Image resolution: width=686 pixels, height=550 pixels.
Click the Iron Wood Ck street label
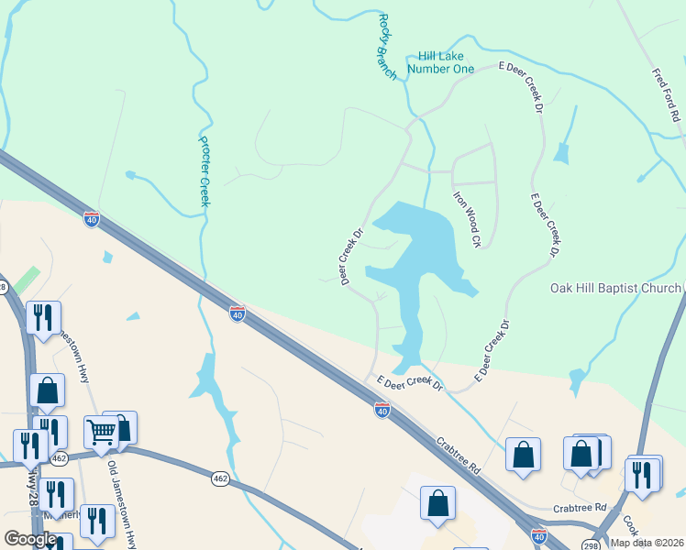point(467,219)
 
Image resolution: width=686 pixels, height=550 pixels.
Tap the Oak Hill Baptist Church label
point(614,288)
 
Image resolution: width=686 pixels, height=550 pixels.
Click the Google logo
point(29,539)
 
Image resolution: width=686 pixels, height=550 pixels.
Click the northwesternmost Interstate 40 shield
point(91,219)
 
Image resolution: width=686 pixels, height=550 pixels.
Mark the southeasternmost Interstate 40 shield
point(539,534)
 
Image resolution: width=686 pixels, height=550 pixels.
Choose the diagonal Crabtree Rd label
point(458,454)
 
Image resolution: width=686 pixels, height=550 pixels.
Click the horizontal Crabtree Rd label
point(580,507)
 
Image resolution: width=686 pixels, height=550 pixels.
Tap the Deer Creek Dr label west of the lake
point(353,257)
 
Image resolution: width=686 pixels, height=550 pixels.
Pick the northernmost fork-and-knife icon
point(43,317)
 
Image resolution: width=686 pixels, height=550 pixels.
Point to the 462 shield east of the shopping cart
point(220,478)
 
